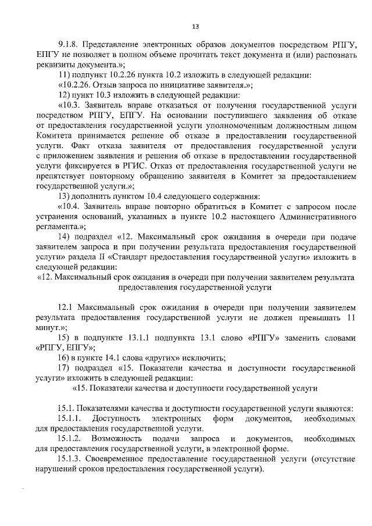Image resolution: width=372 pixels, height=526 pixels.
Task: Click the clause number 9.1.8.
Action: [x=69, y=46]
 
